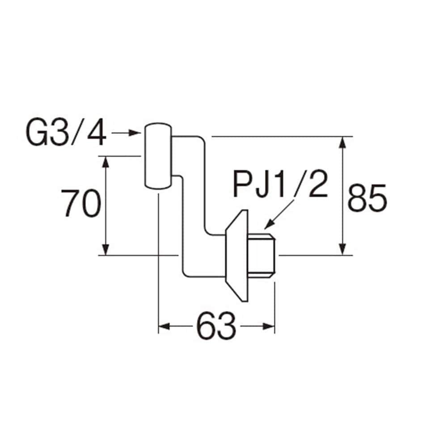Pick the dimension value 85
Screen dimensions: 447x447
[x=367, y=198]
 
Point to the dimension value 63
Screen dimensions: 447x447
[x=216, y=326]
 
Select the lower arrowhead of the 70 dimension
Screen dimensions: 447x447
[x=106, y=249]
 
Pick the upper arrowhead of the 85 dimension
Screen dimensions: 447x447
[x=343, y=143]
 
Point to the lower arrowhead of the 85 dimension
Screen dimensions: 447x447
[x=343, y=249]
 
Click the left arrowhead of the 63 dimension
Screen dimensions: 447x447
[x=164, y=326]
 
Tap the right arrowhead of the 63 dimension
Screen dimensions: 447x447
[x=269, y=326]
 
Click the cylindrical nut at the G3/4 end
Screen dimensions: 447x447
[x=158, y=156]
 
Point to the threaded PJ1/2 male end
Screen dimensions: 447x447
[x=261, y=255]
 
